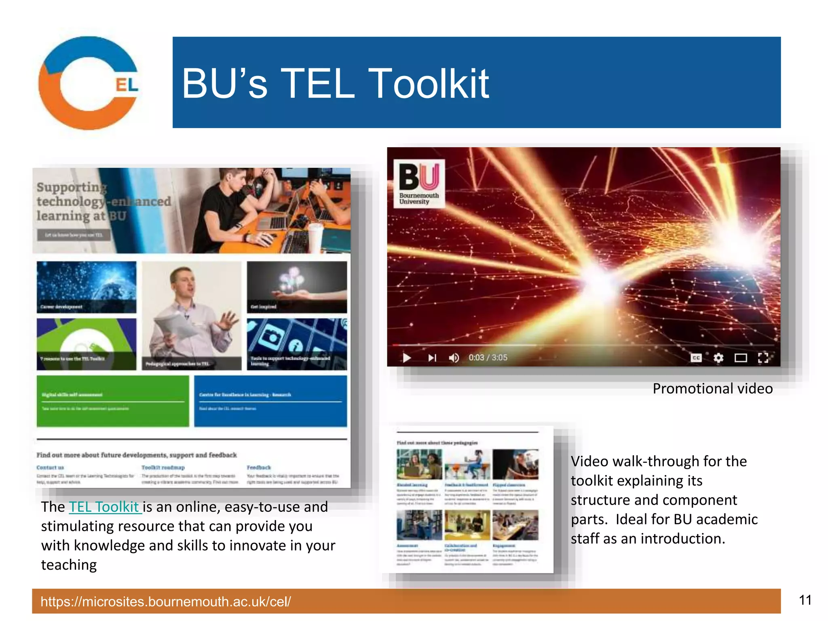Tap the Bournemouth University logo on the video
[419, 183]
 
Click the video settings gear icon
[718, 358]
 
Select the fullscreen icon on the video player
[763, 358]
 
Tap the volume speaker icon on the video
[454, 358]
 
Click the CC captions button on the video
[696, 358]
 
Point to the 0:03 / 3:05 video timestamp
[488, 358]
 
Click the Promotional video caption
[712, 389]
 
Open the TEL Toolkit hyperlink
[104, 507]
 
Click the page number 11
[805, 600]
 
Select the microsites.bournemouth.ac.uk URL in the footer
[166, 602]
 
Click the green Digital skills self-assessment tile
[112, 401]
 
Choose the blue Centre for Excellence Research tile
[270, 401]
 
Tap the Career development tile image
[87, 287]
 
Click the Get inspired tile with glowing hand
[297, 287]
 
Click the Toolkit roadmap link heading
[163, 467]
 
